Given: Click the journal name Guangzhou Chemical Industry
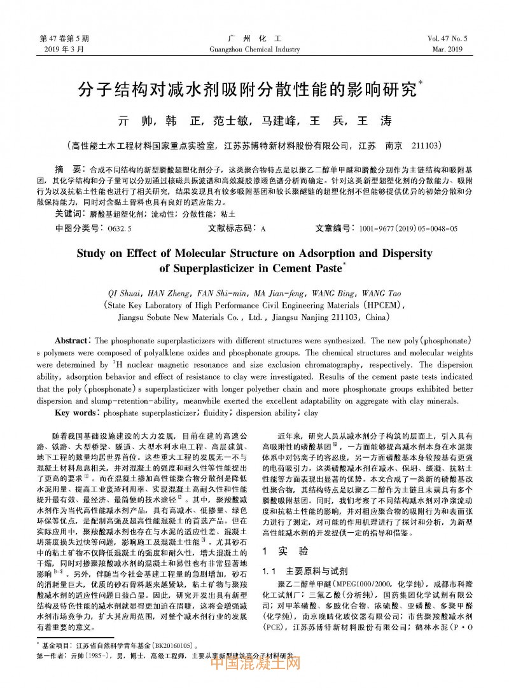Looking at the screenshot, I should (254, 48).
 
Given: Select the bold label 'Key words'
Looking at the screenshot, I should (76, 413).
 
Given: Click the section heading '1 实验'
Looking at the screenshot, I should (285, 551).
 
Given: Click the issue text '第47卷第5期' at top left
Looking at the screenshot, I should (64, 38).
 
